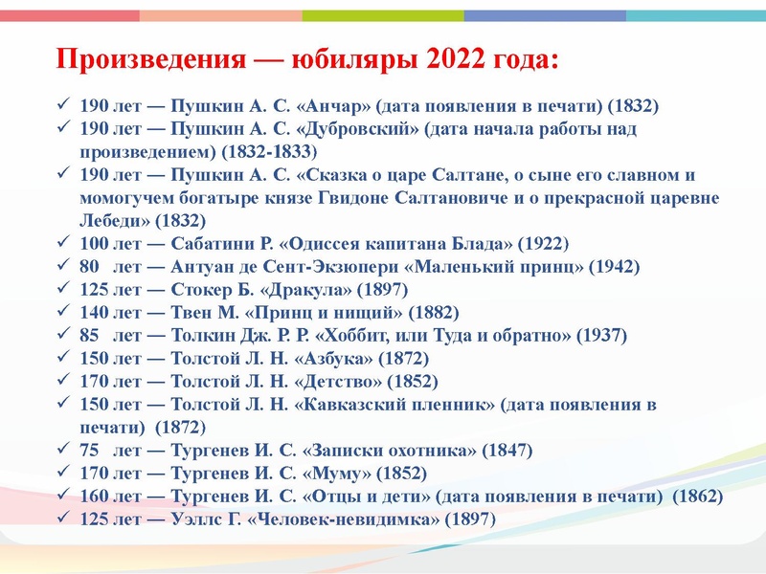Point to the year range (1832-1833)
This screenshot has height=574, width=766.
pyautogui.click(x=267, y=151)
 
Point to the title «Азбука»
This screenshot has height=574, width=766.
pyautogui.click(x=336, y=358)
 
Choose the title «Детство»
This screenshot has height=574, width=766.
pyautogui.click(x=341, y=381)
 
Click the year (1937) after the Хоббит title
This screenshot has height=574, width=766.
pyautogui.click(x=602, y=335)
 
